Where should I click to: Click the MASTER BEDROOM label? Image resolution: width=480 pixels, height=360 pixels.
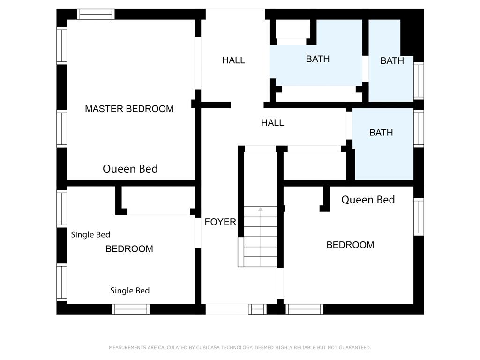[129, 109]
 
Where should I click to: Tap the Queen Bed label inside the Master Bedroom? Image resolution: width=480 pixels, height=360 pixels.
[130, 169]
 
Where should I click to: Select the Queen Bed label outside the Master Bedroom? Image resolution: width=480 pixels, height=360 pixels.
[368, 200]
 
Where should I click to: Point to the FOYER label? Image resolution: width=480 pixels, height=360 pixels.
[220, 222]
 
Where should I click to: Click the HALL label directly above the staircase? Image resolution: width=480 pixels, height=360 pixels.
[272, 123]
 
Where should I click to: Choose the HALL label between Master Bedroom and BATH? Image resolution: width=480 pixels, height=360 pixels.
[233, 60]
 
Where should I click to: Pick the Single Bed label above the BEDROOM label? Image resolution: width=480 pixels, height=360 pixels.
[90, 234]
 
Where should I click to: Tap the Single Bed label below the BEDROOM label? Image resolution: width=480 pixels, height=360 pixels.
[130, 291]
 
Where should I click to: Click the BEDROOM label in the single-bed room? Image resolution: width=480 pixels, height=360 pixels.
[129, 249]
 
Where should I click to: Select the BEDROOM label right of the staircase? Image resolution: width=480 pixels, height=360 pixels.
[350, 245]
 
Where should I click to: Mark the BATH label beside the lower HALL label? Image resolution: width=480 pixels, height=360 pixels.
[381, 133]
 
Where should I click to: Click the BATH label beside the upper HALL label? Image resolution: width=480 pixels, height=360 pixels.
[318, 59]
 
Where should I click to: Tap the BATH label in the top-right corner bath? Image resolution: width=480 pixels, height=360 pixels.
[392, 60]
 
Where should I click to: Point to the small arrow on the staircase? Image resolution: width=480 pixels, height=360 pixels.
[261, 210]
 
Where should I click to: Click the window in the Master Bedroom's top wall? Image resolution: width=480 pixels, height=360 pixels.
[96, 14]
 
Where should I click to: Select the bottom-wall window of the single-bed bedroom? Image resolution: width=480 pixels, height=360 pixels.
[131, 309]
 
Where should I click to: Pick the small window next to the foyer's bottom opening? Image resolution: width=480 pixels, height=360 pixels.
[257, 309]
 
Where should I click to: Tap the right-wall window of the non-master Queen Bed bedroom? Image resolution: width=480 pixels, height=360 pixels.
[419, 217]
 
